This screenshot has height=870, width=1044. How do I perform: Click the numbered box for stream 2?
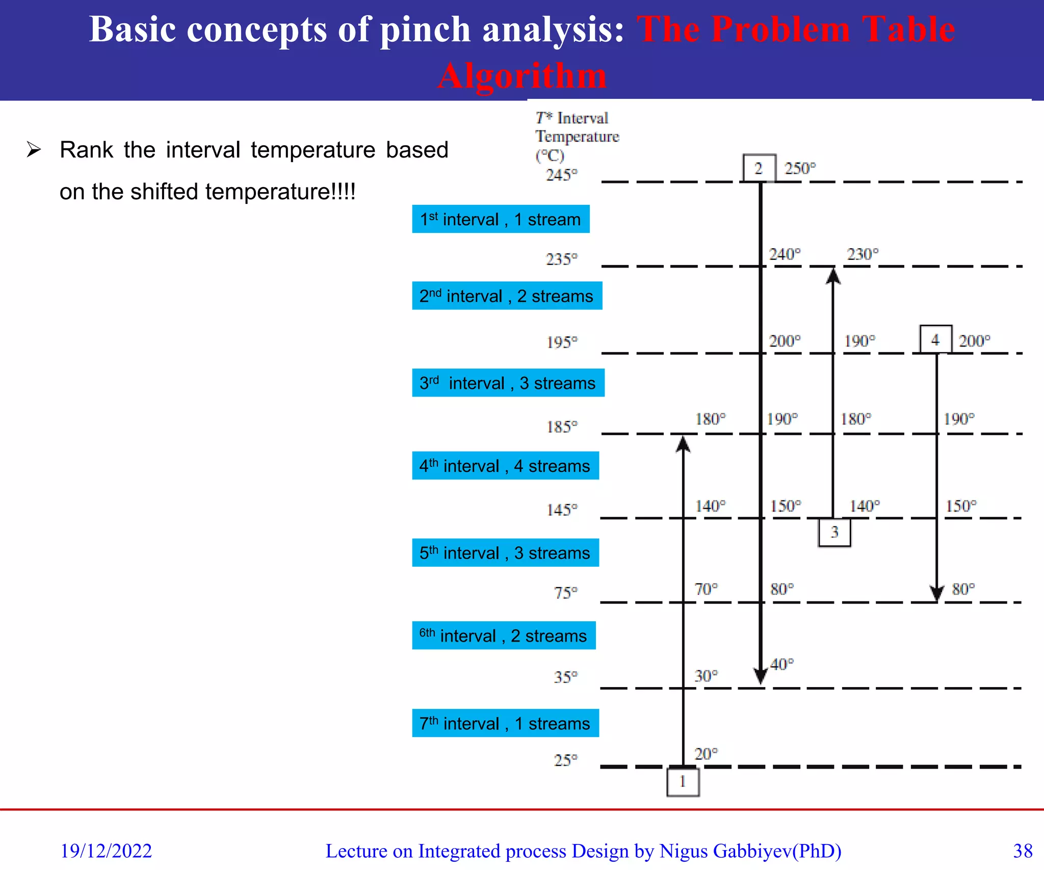(x=759, y=168)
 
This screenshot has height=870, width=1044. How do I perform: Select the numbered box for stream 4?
(x=935, y=339)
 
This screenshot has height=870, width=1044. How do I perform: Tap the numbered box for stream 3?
(x=834, y=533)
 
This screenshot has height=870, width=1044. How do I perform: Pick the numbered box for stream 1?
(x=683, y=782)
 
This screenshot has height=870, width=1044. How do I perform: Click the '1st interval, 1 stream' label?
(x=501, y=219)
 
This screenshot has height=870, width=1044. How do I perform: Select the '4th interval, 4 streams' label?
(x=505, y=466)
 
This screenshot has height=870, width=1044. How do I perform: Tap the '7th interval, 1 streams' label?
(x=505, y=723)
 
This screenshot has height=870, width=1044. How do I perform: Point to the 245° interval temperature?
(x=562, y=175)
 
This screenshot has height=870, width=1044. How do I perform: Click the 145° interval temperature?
(x=562, y=510)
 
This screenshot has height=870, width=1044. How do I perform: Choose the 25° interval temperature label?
(x=565, y=760)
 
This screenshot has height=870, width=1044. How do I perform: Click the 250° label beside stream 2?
(x=800, y=168)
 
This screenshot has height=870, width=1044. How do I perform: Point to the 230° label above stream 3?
(x=863, y=254)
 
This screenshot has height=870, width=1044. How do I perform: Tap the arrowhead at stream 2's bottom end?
(x=760, y=676)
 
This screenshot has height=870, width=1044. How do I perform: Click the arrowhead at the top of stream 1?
(x=683, y=444)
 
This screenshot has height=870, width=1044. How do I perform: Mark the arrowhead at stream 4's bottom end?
(x=936, y=593)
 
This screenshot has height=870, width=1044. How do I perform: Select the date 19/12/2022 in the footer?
(x=106, y=851)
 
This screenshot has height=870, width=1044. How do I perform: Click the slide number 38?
(x=1023, y=851)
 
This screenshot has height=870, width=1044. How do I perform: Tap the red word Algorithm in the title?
(x=522, y=75)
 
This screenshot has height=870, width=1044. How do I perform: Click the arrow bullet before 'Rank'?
(x=34, y=150)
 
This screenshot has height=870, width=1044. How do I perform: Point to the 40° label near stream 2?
(x=781, y=665)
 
